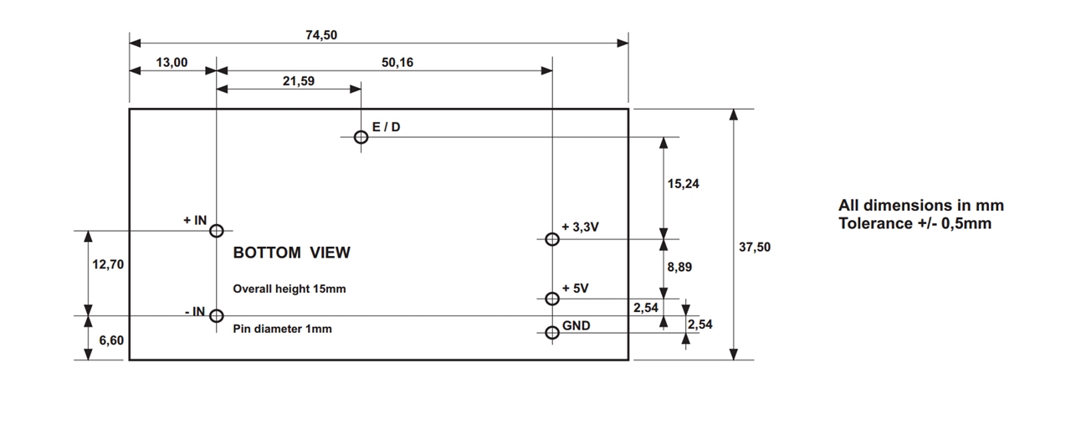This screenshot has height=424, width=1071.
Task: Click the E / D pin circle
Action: [x=361, y=136]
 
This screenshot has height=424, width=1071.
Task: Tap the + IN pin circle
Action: [x=216, y=231]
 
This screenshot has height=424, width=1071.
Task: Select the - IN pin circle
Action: [x=216, y=315]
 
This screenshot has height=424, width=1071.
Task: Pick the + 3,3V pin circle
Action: [x=551, y=239]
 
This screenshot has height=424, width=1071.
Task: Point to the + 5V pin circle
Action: [x=551, y=299]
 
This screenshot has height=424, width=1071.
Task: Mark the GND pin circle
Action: [x=551, y=333]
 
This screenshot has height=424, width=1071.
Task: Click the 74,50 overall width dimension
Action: [x=321, y=35]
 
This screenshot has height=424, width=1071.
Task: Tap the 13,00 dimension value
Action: [x=172, y=62]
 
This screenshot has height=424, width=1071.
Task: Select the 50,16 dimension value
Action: [x=397, y=62]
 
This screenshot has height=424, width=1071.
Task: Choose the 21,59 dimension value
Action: [x=299, y=81]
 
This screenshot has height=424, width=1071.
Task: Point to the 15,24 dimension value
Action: [x=684, y=184]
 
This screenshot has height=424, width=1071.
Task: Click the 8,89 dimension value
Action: [x=679, y=268]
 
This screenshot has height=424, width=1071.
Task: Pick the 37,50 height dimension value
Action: [x=755, y=247]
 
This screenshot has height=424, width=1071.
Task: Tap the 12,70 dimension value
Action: [x=108, y=264]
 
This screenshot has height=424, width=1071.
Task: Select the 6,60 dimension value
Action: [x=111, y=340]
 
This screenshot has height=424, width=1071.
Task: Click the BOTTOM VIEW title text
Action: [x=291, y=253]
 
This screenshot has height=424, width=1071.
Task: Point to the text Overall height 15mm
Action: [x=289, y=289]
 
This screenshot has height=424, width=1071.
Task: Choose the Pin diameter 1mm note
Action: [x=282, y=329]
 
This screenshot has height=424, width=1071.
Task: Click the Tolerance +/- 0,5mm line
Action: [x=915, y=223]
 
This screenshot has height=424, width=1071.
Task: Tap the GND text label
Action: [x=576, y=325]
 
